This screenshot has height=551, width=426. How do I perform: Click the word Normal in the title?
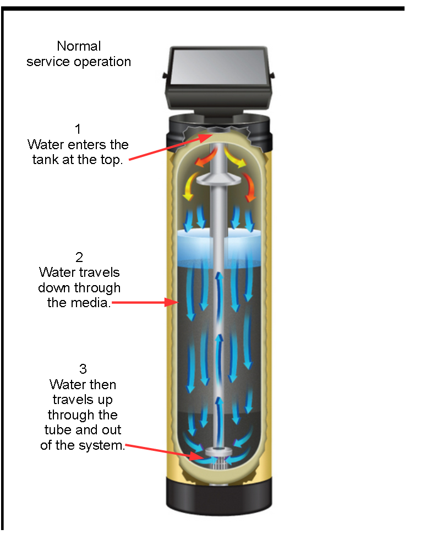click(x=79, y=46)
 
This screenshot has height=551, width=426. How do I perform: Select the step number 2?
click(x=79, y=257)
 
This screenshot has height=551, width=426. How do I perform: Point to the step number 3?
click(x=83, y=368)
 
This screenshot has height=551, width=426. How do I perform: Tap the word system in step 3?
click(x=105, y=445)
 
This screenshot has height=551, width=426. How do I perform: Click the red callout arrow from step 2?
click(x=143, y=302)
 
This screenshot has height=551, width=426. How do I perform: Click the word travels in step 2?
click(x=100, y=272)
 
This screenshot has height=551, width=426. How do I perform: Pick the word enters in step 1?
click(x=83, y=145)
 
